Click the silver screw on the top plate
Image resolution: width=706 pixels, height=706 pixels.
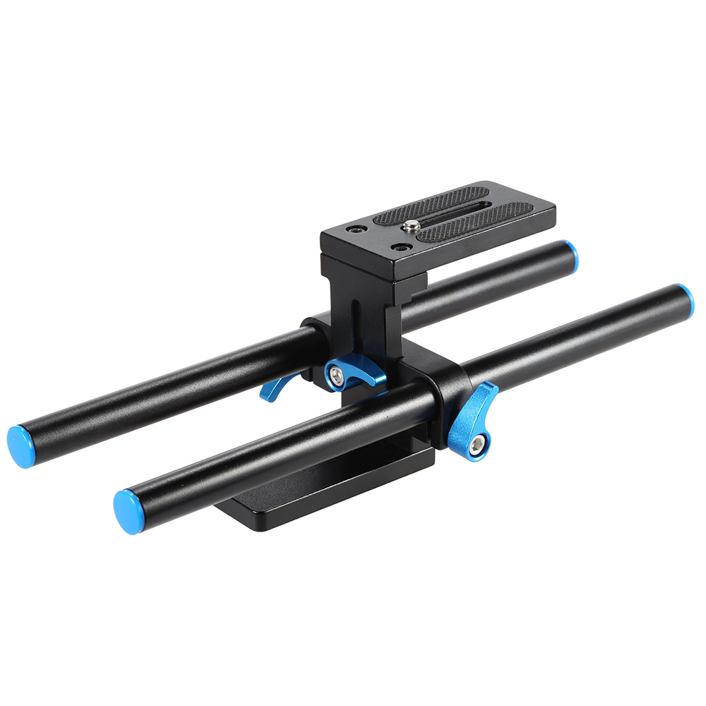(x=412, y=226)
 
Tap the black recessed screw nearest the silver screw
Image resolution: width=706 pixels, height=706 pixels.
(x=400, y=249)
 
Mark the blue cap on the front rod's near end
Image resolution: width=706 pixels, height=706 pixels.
(x=127, y=511)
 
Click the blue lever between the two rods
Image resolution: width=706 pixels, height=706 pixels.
(x=353, y=372)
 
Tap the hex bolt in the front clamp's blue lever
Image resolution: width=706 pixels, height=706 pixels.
(x=480, y=443)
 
